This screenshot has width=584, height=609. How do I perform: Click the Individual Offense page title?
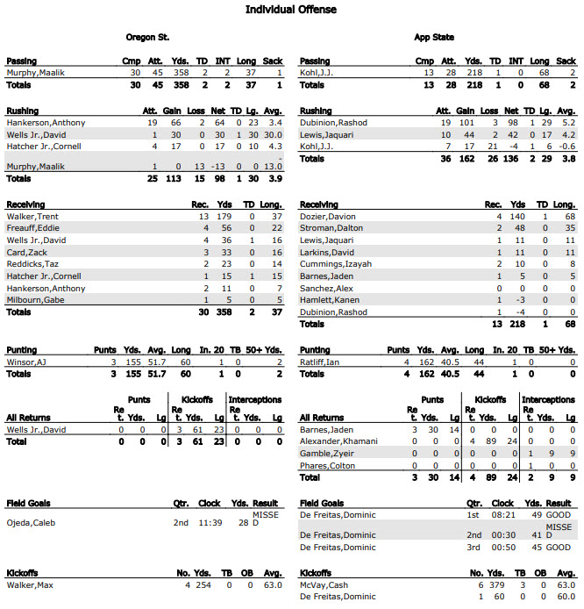(290, 10)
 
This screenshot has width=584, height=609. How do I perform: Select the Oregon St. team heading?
(148, 38)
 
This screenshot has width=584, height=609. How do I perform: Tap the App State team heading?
(434, 38)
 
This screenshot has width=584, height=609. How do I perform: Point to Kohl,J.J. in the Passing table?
(317, 73)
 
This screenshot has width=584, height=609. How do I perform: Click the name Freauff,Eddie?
(32, 227)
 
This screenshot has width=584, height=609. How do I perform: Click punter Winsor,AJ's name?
(25, 362)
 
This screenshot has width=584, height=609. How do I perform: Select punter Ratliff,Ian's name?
(319, 362)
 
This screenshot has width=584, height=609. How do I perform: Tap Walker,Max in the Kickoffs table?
(28, 584)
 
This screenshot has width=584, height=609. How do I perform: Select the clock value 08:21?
(503, 516)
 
